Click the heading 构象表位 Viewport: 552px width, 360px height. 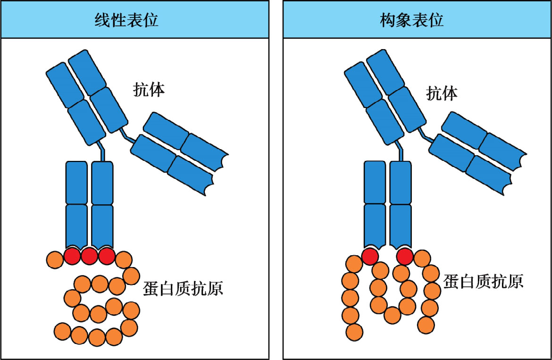coord(412,20)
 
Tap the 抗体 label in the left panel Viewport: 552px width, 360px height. coord(149,90)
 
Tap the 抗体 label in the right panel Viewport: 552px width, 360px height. coord(442,93)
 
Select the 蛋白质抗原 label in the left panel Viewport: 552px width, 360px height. coord(183,287)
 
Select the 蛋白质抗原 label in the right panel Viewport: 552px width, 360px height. coord(484,282)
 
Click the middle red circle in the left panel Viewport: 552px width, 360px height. coord(89,256)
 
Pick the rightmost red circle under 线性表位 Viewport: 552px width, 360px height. coord(107,256)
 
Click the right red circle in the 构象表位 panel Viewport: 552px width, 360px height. coord(405,256)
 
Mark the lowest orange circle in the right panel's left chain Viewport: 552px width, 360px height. coord(354,332)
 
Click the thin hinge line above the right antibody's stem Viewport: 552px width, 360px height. coord(401,151)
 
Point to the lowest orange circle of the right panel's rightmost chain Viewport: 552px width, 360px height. coord(426,324)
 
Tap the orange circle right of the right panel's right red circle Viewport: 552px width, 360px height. coord(422,257)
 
